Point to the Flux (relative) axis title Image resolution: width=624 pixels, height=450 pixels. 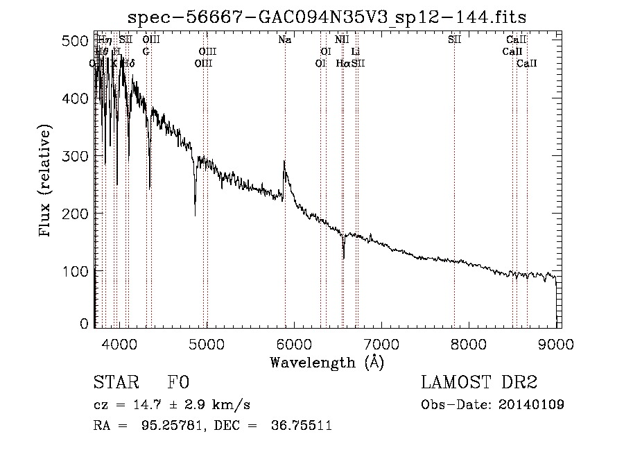coord(46,182)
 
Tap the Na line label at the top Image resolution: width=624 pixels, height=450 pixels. coord(284,40)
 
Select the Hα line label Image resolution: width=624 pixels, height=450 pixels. coord(343,63)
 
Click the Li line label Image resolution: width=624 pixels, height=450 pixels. coord(356,51)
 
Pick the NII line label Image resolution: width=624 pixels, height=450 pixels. coord(342,40)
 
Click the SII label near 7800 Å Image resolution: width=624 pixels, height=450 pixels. coord(454,40)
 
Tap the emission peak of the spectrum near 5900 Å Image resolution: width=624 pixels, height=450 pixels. coord(284,162)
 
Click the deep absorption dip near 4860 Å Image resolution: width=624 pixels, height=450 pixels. coord(195,215)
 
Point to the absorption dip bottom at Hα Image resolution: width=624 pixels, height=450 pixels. coord(343,258)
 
